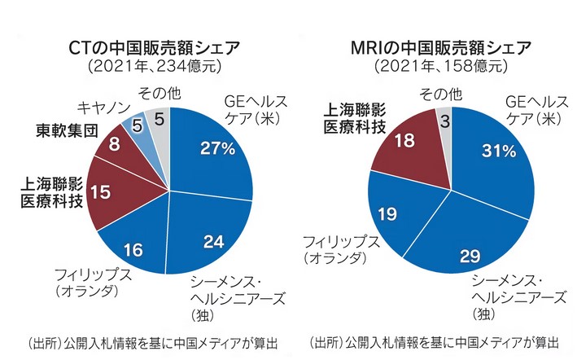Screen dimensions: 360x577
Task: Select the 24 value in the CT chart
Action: point(212,241)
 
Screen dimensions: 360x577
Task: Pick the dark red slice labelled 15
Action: point(101,192)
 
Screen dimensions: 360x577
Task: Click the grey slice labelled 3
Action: point(444,121)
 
